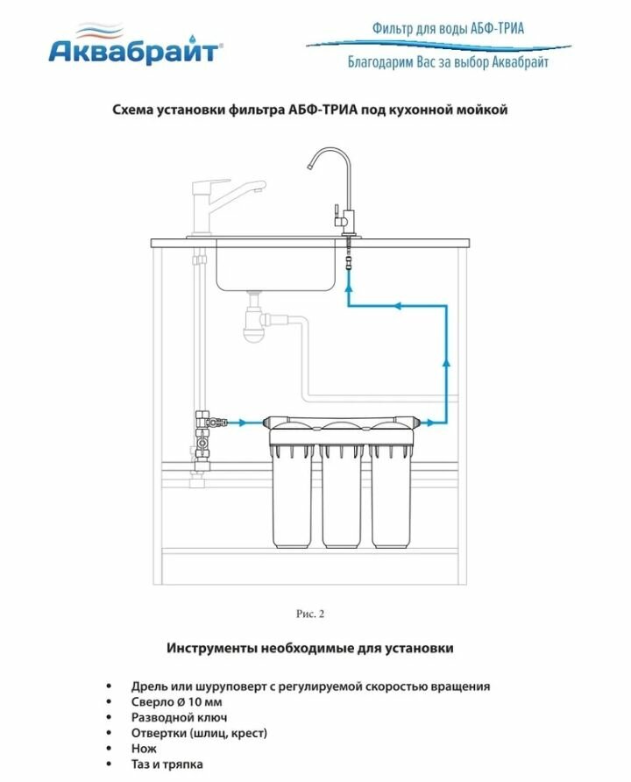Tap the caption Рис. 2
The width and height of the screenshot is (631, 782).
[310, 614]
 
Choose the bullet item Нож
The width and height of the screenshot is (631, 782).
[145, 749]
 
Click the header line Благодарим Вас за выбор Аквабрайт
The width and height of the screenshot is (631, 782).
[448, 62]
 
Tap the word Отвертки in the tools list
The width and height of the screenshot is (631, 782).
[160, 733]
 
